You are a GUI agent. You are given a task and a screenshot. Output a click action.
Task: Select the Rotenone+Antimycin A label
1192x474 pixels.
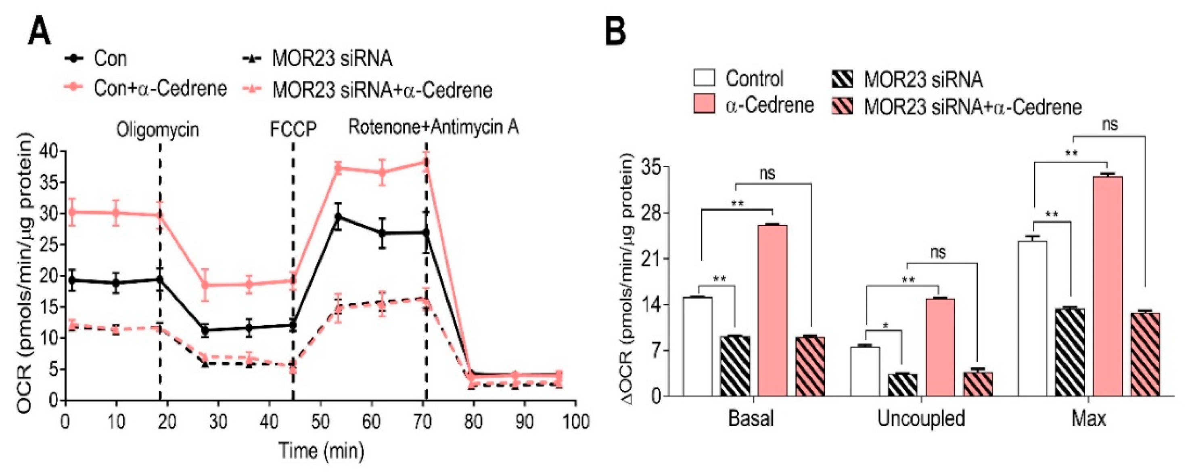(433, 127)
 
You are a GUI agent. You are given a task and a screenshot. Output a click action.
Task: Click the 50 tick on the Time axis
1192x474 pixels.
(320, 421)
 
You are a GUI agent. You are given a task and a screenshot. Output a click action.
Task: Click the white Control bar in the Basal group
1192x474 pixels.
(697, 346)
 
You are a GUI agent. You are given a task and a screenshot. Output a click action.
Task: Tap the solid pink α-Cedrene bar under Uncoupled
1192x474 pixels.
(940, 347)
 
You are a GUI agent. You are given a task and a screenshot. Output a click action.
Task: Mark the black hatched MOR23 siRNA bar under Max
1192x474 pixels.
(1070, 352)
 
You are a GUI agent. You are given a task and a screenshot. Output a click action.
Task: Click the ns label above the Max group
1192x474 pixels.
(1110, 124)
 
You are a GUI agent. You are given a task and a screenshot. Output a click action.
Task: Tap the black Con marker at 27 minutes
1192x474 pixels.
(205, 331)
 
